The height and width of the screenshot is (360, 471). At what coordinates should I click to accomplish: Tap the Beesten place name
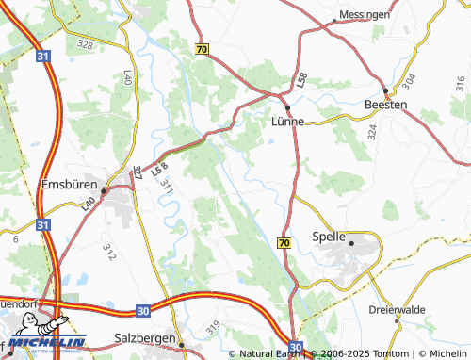click(386, 105)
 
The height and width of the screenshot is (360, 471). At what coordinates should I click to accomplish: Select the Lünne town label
click(287, 123)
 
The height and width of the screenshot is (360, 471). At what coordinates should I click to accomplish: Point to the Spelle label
click(327, 237)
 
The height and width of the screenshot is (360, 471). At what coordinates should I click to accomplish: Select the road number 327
click(138, 172)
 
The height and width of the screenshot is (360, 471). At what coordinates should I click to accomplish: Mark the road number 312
click(109, 252)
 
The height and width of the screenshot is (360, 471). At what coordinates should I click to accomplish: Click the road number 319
click(213, 326)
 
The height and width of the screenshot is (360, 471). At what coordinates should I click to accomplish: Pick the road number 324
click(373, 132)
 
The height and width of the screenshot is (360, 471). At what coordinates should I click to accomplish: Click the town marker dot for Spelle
click(351, 243)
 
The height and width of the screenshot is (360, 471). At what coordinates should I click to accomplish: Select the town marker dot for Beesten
click(385, 90)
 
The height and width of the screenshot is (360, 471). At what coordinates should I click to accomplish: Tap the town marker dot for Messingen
click(335, 20)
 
